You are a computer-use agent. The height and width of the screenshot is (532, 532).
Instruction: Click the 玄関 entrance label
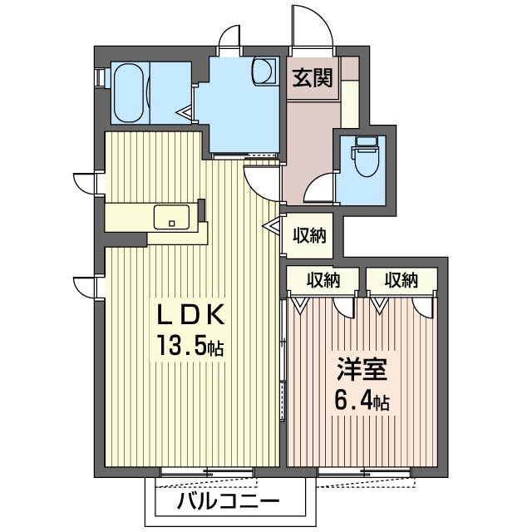(x=313, y=77)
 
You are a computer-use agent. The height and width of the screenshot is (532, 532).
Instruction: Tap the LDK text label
(x=190, y=314)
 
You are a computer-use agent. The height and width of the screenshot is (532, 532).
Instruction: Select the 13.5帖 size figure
(x=190, y=344)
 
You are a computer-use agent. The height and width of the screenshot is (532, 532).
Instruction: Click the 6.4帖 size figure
(x=362, y=400)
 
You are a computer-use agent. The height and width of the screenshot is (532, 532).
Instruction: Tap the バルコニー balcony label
(x=229, y=501)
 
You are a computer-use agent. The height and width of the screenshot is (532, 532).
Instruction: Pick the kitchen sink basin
(x=171, y=217)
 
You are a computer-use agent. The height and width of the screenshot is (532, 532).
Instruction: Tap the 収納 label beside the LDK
(x=309, y=235)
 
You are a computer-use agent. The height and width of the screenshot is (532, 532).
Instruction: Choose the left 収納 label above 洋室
(x=323, y=280)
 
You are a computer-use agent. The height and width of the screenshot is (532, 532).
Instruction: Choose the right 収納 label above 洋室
(x=401, y=280)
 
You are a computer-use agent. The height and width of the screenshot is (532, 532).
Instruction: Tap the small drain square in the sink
(x=172, y=224)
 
